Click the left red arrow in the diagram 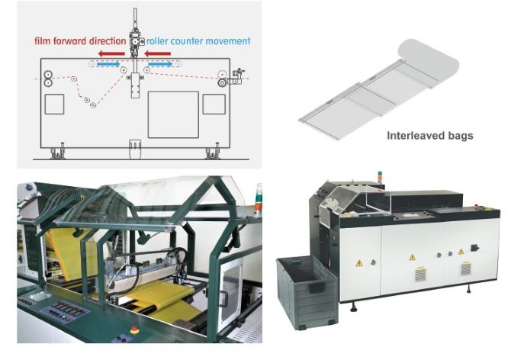109,55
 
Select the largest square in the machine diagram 173,114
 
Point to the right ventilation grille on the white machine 464,270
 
